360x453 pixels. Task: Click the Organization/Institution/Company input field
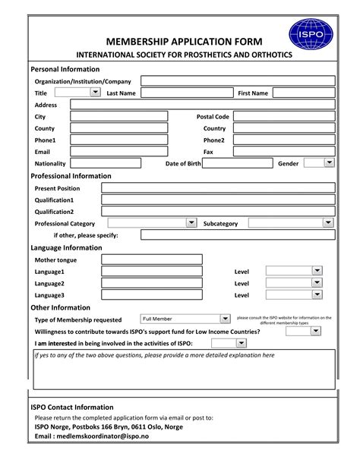[238, 80]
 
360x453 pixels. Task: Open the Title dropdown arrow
[95, 93]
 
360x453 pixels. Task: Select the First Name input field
[305, 93]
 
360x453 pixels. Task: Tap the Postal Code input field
[284, 117]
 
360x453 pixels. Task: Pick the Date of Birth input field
[233, 163]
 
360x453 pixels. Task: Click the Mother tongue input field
[151, 260]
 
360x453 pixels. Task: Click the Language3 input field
[151, 295]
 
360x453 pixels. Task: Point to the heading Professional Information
[71, 176]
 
